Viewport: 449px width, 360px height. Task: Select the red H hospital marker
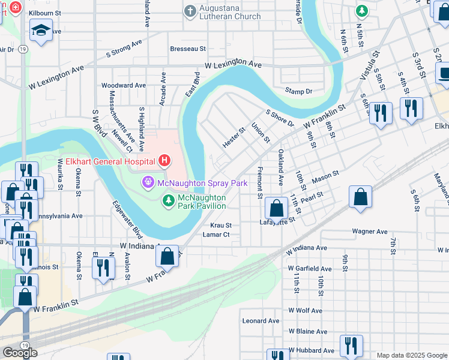163,161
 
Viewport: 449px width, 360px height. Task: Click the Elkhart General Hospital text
110,161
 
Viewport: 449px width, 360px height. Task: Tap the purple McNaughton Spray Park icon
146,182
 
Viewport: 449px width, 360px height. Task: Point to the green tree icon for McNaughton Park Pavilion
169,198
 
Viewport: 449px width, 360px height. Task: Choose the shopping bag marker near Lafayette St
276,209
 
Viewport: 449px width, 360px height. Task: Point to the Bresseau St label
188,48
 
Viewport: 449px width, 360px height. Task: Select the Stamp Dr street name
299,91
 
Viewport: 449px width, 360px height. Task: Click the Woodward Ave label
124,85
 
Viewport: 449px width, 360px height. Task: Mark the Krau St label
221,225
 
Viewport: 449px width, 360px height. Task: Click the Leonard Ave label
261,321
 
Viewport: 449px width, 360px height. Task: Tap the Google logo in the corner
20,353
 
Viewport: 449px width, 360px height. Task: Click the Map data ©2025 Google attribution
411,355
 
